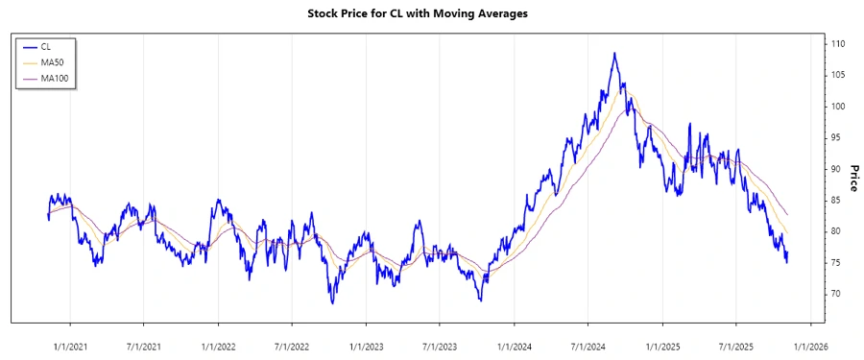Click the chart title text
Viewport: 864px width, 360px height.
pos(431,13)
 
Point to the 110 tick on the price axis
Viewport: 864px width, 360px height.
pos(838,44)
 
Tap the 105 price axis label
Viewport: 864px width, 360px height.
pos(838,75)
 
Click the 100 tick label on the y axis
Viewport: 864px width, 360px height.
pos(838,107)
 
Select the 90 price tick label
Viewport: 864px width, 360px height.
pos(835,169)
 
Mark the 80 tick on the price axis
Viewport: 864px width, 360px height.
pos(835,231)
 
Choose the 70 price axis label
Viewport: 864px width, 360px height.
pos(835,294)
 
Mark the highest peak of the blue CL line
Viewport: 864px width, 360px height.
pos(614,53)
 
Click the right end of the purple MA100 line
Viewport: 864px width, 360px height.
pos(788,214)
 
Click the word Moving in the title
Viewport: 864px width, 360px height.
pos(455,13)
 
